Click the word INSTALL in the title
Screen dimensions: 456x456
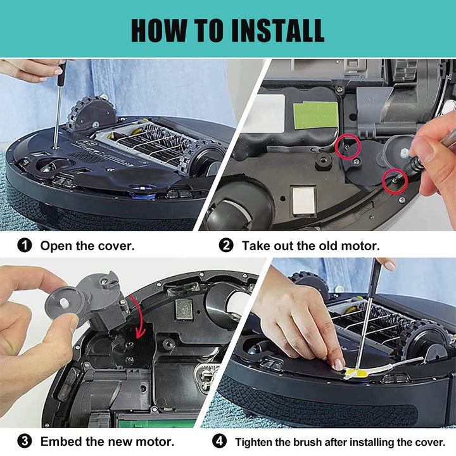point(277,30)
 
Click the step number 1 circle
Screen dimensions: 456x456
point(25,246)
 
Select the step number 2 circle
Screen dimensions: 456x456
point(226,246)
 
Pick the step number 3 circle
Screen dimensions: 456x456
point(25,441)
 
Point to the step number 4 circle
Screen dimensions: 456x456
point(219,441)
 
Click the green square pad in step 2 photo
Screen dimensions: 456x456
point(316,115)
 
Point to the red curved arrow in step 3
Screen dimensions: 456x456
point(139,315)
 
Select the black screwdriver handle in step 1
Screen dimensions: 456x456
point(61,73)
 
